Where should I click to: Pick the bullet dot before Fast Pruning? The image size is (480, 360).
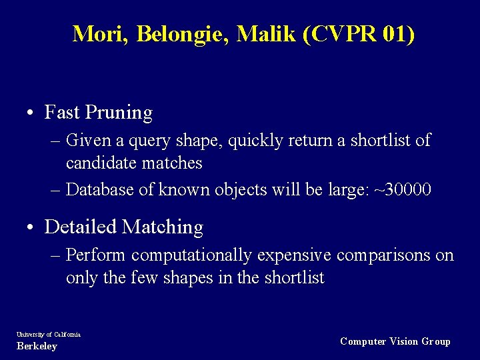[32, 113]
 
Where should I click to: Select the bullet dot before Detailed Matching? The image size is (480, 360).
[32, 227]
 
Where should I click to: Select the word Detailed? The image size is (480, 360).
[81, 227]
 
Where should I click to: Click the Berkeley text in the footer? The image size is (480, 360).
[37, 347]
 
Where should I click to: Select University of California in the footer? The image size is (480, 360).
[49, 334]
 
